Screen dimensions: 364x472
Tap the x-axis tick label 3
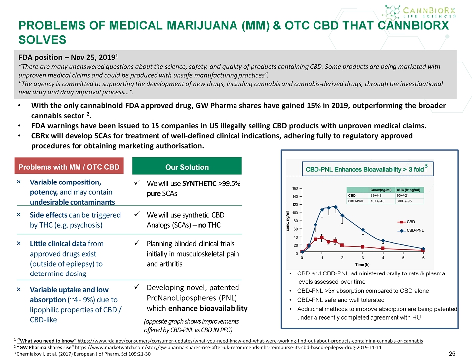point(363,257)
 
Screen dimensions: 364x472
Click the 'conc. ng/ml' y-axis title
point(288,221)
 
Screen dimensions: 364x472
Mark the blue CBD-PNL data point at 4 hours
point(383,241)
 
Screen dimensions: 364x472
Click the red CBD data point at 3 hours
point(363,247)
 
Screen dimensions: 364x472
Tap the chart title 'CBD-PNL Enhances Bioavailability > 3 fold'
point(365,169)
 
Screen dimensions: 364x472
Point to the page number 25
point(452,354)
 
